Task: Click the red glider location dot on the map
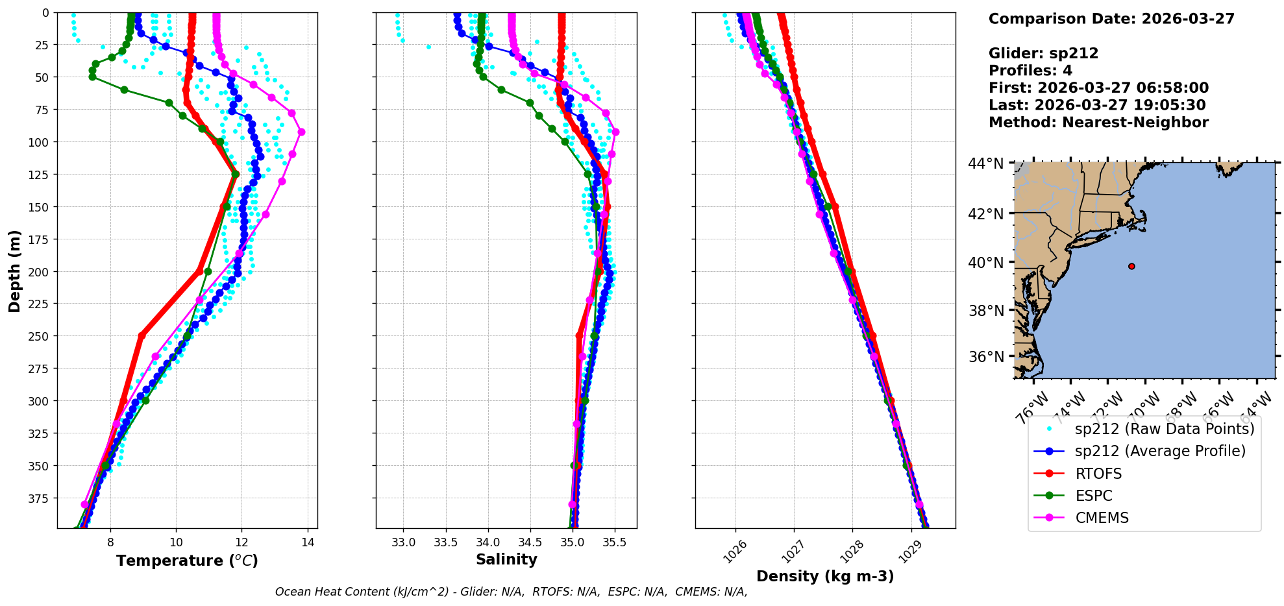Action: click(1131, 266)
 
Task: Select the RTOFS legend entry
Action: click(1098, 474)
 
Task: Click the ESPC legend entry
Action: click(1093, 496)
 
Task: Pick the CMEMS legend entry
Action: click(1102, 518)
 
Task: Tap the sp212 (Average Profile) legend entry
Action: click(1160, 451)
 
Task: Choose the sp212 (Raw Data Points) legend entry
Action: click(1165, 429)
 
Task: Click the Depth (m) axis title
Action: click(14, 271)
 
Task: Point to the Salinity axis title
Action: click(506, 559)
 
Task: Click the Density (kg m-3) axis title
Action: click(825, 576)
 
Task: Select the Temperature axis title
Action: click(187, 561)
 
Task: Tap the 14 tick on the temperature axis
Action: click(308, 542)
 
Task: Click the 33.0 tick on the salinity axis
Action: click(403, 542)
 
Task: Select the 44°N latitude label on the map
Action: click(986, 164)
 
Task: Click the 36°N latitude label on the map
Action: click(986, 357)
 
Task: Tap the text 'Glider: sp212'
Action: click(1043, 53)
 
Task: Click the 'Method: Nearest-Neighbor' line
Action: click(1098, 122)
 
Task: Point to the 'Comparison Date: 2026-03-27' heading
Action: click(1111, 19)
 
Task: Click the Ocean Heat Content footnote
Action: click(511, 592)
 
